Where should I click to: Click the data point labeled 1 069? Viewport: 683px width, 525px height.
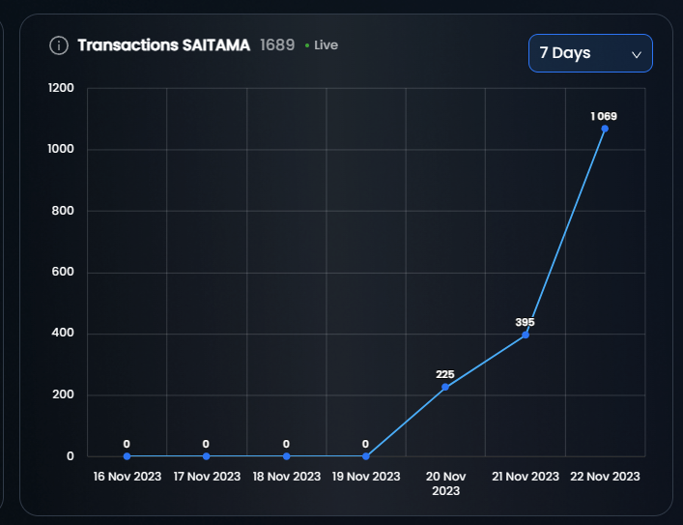pos(605,128)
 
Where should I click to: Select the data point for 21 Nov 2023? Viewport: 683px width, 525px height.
pos(525,335)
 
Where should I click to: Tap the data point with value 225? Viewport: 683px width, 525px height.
pos(445,387)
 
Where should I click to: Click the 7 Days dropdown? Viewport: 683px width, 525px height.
pos(590,53)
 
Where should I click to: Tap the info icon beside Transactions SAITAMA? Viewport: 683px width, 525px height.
pos(59,45)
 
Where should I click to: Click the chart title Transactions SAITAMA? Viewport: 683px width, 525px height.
pos(163,45)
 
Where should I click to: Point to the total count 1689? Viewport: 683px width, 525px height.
pos(277,45)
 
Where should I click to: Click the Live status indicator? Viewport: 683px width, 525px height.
pos(322,45)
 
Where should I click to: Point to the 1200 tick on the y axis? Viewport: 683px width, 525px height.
pos(61,88)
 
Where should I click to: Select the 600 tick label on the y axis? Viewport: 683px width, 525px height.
pos(64,273)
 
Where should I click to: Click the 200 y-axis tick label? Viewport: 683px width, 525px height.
pos(64,395)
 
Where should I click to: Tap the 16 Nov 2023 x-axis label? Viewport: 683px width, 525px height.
pos(127,477)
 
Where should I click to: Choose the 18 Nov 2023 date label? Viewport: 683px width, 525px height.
pos(286,477)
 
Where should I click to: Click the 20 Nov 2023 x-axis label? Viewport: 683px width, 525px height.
pos(445,483)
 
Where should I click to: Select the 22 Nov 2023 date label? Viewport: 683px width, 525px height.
pos(605,477)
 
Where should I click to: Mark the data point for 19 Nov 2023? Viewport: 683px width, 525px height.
pos(365,455)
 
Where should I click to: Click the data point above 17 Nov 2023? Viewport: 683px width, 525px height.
pos(206,455)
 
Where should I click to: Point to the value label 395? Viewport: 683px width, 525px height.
pos(525,322)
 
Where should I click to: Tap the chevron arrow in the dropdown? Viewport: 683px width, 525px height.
pos(637,54)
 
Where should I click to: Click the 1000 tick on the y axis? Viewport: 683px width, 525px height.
pos(61,150)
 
